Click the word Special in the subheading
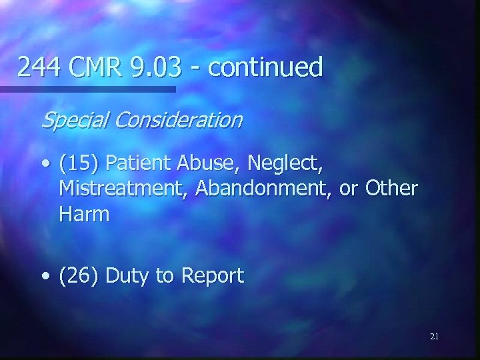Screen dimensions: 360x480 coord(71,121)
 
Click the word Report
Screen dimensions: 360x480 coord(211,276)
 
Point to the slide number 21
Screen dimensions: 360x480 coord(434,337)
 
